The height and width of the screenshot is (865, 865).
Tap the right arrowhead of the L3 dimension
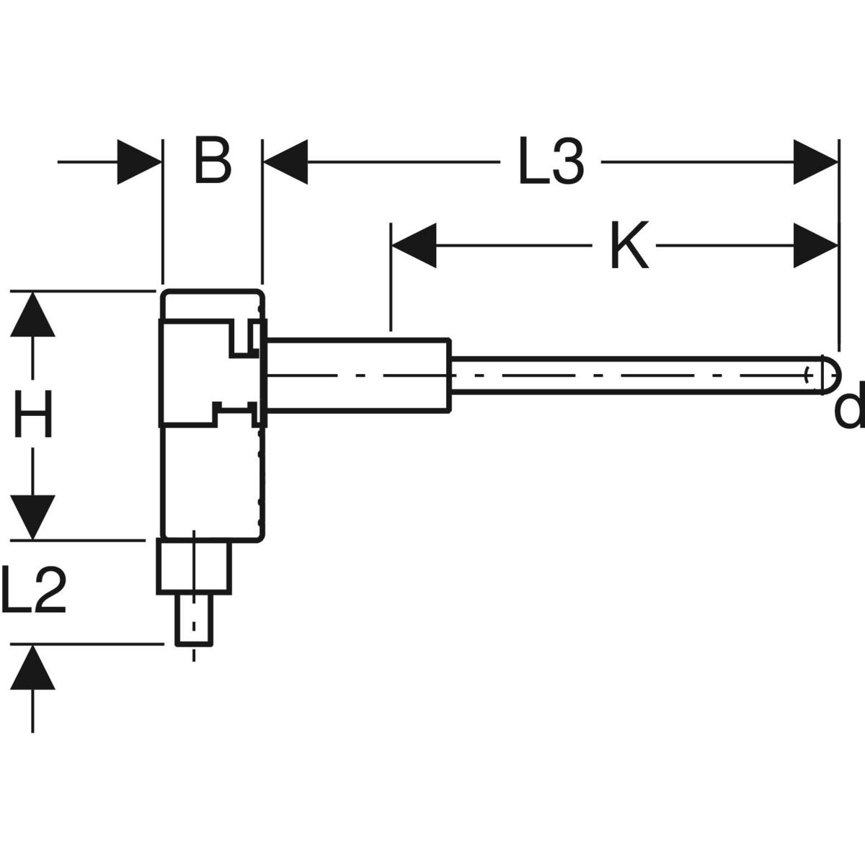click(x=816, y=162)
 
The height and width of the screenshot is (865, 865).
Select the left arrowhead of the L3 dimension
click(x=286, y=162)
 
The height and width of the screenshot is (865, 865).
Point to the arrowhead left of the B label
click(x=138, y=162)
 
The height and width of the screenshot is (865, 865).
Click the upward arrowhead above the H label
click(x=32, y=315)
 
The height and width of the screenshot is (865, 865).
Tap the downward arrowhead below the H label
click(x=32, y=515)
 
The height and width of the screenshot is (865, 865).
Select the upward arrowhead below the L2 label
click(x=32, y=667)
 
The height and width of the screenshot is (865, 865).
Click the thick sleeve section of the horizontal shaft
click(x=358, y=375)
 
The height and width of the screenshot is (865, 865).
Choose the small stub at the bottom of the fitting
click(x=195, y=618)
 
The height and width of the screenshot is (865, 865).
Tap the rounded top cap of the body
click(x=212, y=304)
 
